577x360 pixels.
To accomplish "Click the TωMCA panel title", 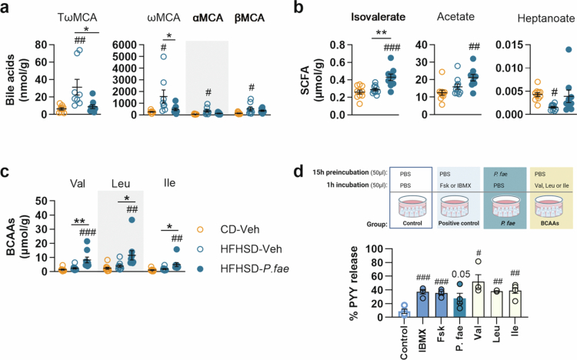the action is (77, 17).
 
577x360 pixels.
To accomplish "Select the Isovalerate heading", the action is (378, 17).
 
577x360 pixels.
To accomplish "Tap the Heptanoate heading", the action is (546, 18).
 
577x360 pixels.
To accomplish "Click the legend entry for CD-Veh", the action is (230, 229).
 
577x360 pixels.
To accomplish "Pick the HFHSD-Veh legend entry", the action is (239, 248).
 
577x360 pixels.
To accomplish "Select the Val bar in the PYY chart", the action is (478, 299).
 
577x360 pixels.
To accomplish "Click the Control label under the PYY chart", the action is (404, 342).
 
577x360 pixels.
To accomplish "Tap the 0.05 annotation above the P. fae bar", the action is (460, 275).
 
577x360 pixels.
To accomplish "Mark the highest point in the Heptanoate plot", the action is (569, 49).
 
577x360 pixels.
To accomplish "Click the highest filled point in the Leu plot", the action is (132, 220).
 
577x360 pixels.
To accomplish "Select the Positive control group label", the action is (459, 223).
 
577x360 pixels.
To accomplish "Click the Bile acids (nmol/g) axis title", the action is (15, 79).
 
